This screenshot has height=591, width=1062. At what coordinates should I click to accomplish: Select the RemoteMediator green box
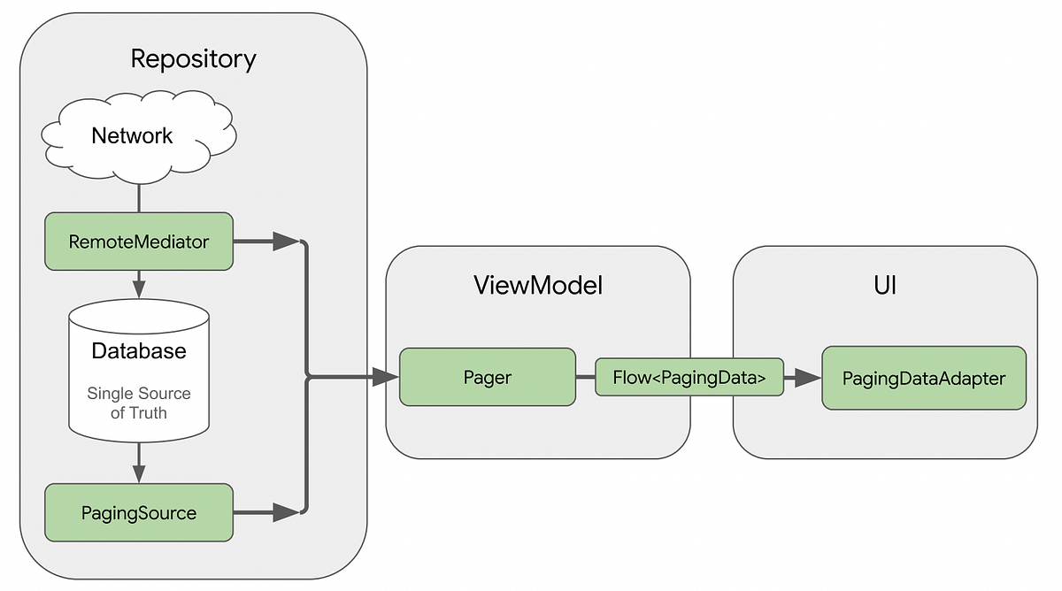[x=139, y=241]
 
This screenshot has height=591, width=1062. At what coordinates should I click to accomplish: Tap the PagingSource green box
[x=139, y=512]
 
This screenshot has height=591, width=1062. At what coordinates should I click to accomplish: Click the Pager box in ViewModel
[x=487, y=377]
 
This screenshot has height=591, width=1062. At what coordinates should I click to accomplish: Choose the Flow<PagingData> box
[x=689, y=378]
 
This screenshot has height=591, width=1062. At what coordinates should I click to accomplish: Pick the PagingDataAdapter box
[x=923, y=379]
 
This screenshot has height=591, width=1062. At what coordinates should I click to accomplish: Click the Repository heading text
[x=193, y=59]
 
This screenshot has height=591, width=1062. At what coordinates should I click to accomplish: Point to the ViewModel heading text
[x=537, y=285]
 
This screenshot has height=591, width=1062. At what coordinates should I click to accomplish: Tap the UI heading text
[x=884, y=285]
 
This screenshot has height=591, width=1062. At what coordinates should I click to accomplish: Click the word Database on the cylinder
[x=139, y=350]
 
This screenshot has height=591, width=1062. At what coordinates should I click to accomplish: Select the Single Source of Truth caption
[x=139, y=403]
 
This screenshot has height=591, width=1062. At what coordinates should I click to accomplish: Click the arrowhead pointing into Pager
[x=385, y=378]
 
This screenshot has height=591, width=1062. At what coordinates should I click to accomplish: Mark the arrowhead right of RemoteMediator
[x=286, y=241]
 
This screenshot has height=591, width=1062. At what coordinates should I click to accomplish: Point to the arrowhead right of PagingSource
[x=286, y=511]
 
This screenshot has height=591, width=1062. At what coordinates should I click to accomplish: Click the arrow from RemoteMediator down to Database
[x=139, y=285]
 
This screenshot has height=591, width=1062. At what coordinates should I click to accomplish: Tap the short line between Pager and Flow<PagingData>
[x=585, y=378]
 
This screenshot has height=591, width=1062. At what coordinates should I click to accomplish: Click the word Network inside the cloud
[x=132, y=135]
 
